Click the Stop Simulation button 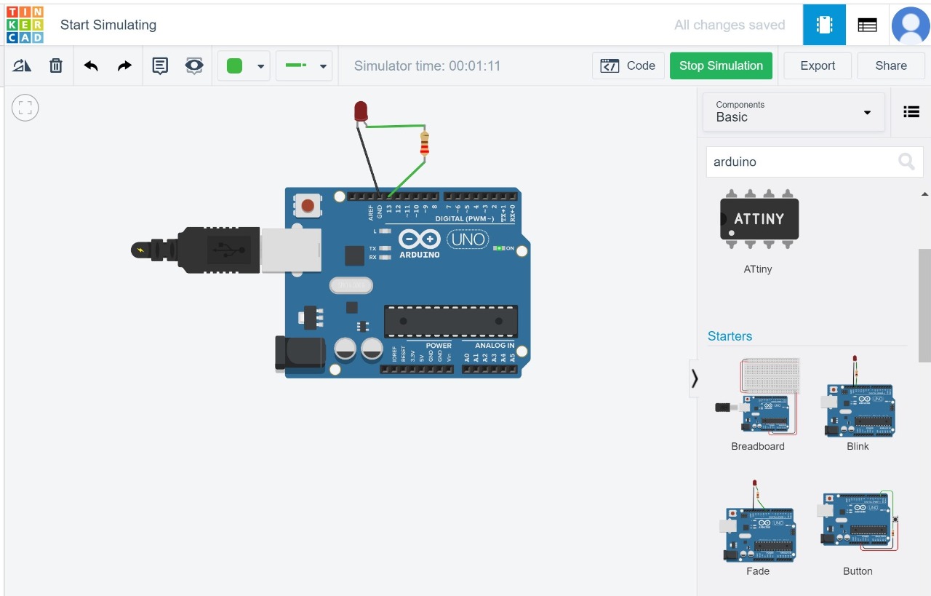[721, 65]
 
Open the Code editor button [628, 65]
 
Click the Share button [890, 65]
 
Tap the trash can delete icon [56, 65]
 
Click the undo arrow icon [91, 65]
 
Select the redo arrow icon [124, 65]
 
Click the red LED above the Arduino [361, 111]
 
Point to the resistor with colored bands [425, 143]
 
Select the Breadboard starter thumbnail [758, 397]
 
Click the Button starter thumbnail [858, 522]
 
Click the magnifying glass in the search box [906, 162]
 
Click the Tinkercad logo [25, 24]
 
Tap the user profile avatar [911, 24]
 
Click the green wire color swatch [234, 65]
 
